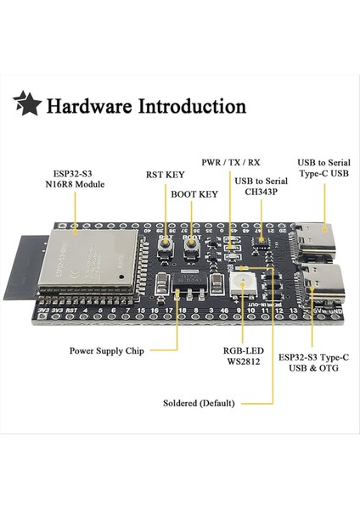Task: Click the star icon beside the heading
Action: (26, 105)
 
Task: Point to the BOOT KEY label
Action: (194, 193)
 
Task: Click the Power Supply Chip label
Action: (106, 350)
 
